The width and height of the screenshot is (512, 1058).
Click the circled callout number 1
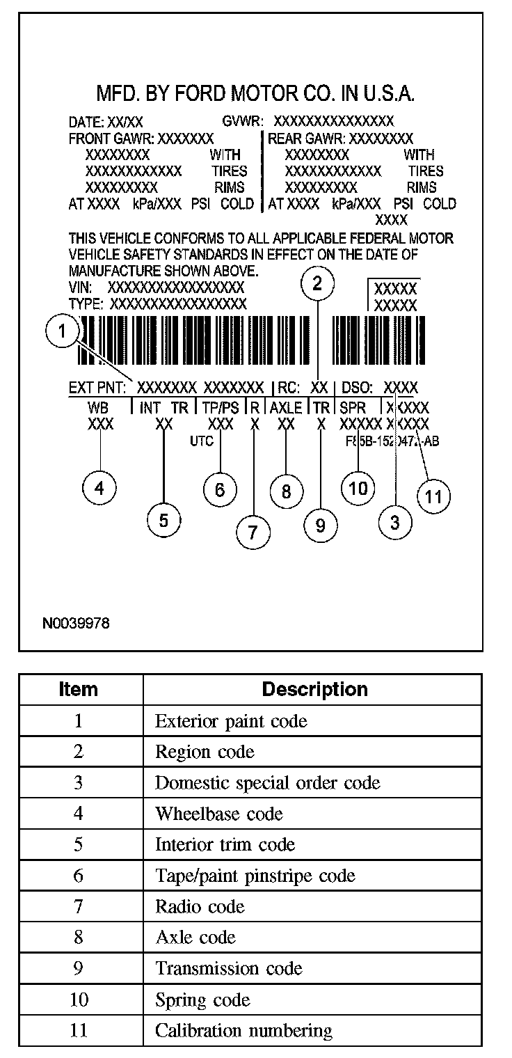click(63, 332)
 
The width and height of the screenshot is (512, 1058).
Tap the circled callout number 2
click(317, 283)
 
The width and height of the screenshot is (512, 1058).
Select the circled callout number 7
click(253, 532)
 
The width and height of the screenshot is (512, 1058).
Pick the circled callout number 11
click(433, 497)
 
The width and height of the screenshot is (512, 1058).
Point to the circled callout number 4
click(100, 489)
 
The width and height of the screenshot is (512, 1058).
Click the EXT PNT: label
click(97, 388)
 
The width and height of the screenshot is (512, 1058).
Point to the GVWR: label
click(242, 122)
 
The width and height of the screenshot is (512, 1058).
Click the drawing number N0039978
click(77, 622)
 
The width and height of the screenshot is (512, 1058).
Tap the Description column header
click(314, 689)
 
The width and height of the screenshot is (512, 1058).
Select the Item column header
click(79, 689)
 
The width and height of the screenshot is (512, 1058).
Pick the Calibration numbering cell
click(243, 1030)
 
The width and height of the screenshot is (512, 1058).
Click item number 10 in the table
click(79, 1000)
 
